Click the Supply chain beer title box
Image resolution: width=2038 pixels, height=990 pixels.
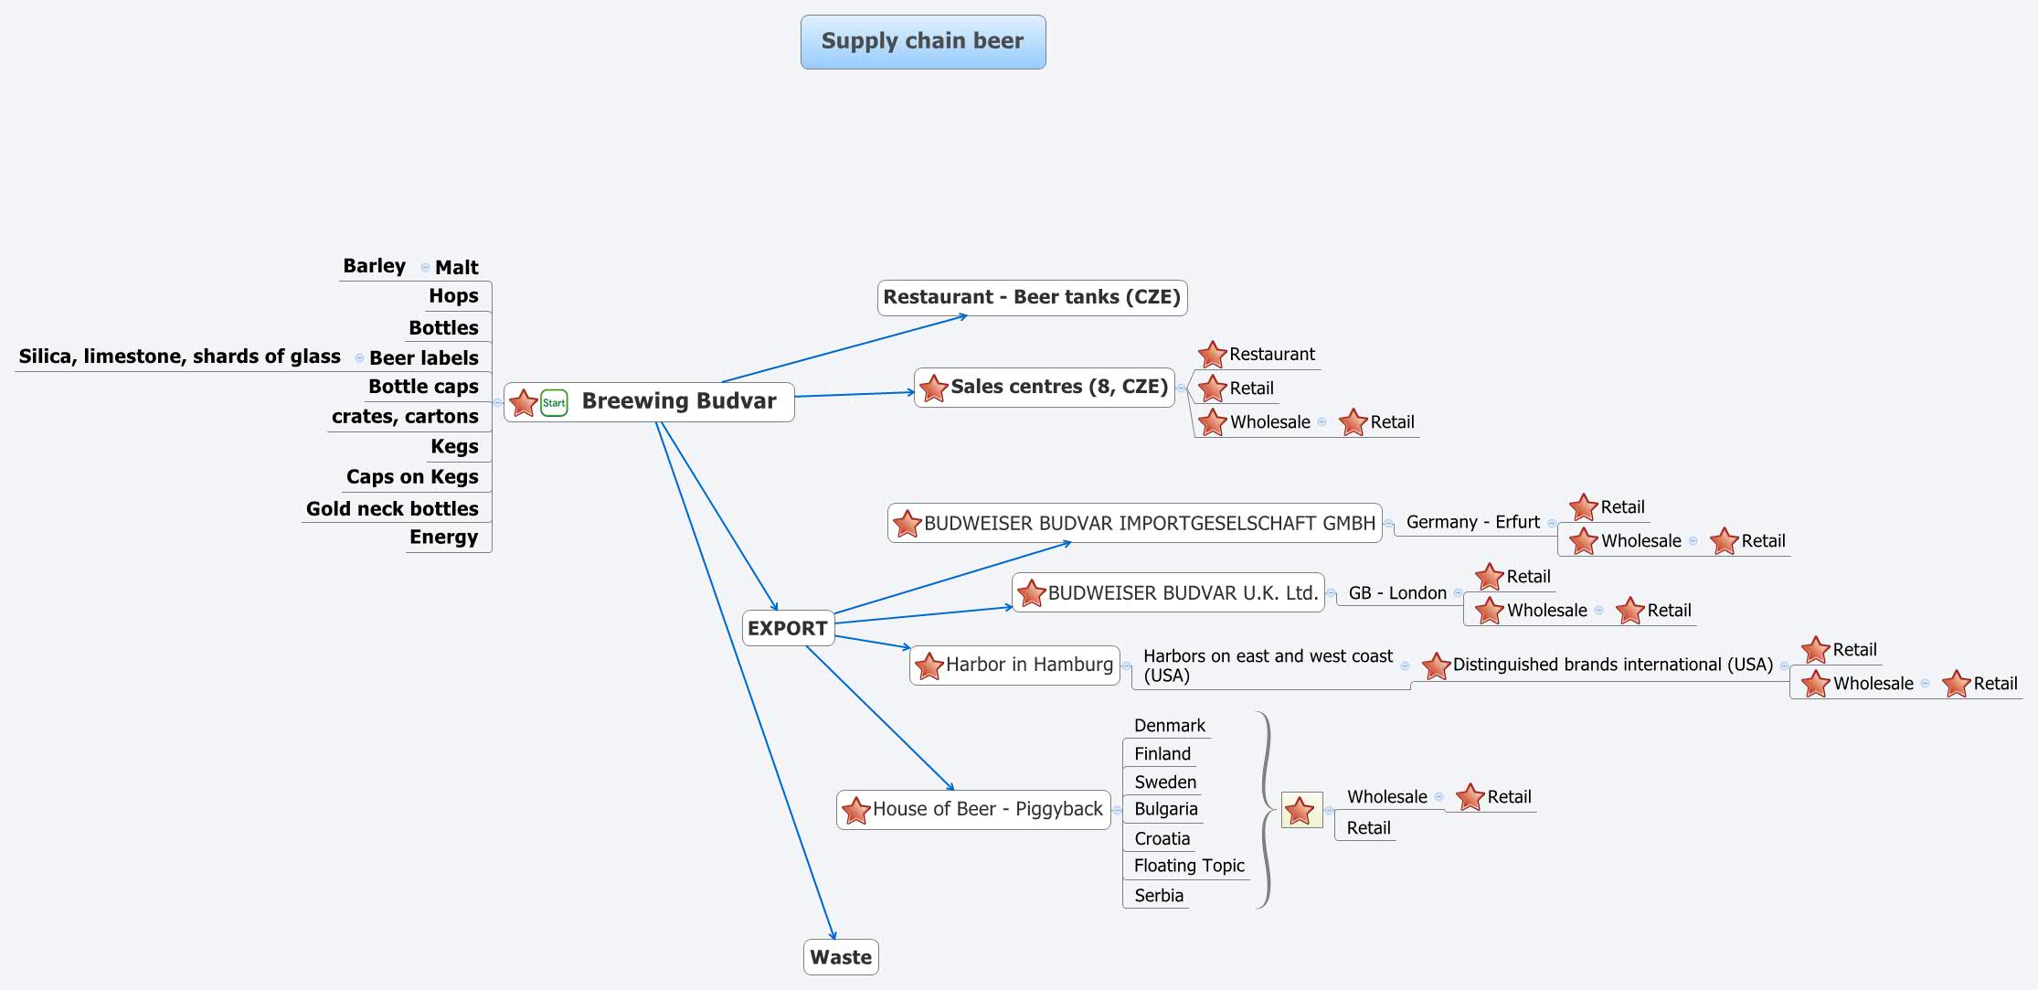coord(923,42)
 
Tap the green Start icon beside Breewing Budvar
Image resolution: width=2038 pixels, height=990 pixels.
coord(554,402)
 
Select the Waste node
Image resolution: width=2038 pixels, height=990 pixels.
coord(841,957)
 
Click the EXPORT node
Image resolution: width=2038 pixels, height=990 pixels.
coord(788,628)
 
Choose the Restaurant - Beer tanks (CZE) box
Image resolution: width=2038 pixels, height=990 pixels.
coord(1032,297)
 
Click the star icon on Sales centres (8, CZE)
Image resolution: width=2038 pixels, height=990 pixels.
coord(933,388)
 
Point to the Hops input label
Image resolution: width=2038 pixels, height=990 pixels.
coord(453,296)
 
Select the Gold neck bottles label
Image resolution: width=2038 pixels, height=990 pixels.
coord(392,508)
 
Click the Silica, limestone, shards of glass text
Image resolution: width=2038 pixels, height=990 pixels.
coord(179,357)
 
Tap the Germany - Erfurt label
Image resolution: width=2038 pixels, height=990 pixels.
coord(1472,522)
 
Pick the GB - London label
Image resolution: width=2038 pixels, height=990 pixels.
coord(1397,592)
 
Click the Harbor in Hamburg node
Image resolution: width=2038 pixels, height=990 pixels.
coord(1028,665)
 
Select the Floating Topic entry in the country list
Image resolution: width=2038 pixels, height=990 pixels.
coord(1189,866)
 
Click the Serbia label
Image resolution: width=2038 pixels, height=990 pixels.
coord(1158,896)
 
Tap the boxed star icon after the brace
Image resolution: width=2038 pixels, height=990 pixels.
coord(1300,810)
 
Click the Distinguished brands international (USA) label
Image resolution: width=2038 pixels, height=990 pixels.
coord(1612,665)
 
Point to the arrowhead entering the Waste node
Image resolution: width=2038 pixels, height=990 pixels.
coord(833,935)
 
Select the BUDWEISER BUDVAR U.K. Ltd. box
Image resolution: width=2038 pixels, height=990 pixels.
coord(1183,592)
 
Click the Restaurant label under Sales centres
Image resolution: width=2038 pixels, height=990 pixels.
coord(1271,354)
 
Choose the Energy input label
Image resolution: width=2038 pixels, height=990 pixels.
coord(443,538)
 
